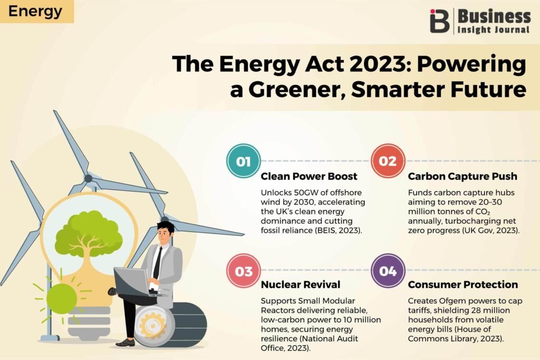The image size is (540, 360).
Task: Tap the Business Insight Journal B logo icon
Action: pyautogui.click(x=439, y=21)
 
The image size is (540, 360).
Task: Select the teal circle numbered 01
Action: pyautogui.click(x=244, y=161)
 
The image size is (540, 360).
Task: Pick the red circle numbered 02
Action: pyautogui.click(x=388, y=161)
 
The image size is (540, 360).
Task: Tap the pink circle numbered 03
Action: pyautogui.click(x=244, y=271)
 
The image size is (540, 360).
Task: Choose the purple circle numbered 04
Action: pyautogui.click(x=388, y=271)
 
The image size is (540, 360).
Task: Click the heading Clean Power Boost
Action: pyautogui.click(x=309, y=176)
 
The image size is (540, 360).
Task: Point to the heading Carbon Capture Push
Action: pyautogui.click(x=462, y=176)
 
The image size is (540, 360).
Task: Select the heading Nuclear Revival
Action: pyautogui.click(x=300, y=285)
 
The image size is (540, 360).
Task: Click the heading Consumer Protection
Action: pyautogui.click(x=463, y=285)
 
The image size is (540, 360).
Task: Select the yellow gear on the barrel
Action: pyautogui.click(x=153, y=324)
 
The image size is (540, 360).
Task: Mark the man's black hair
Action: pyautogui.click(x=166, y=227)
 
